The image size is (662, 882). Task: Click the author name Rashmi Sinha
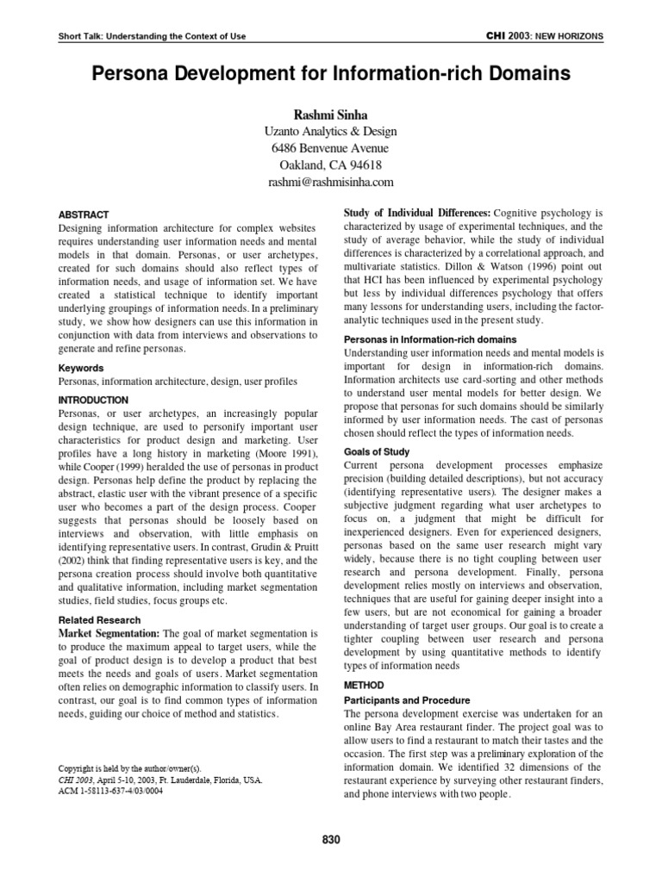pos(331,114)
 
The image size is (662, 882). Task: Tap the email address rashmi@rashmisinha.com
pos(331,182)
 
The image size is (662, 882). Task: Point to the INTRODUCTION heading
pos(93,400)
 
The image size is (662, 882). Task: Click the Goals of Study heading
pos(377,450)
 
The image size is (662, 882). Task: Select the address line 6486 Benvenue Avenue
pos(331,147)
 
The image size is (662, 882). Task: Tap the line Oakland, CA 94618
pos(331,165)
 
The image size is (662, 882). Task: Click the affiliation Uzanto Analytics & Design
pos(331,131)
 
